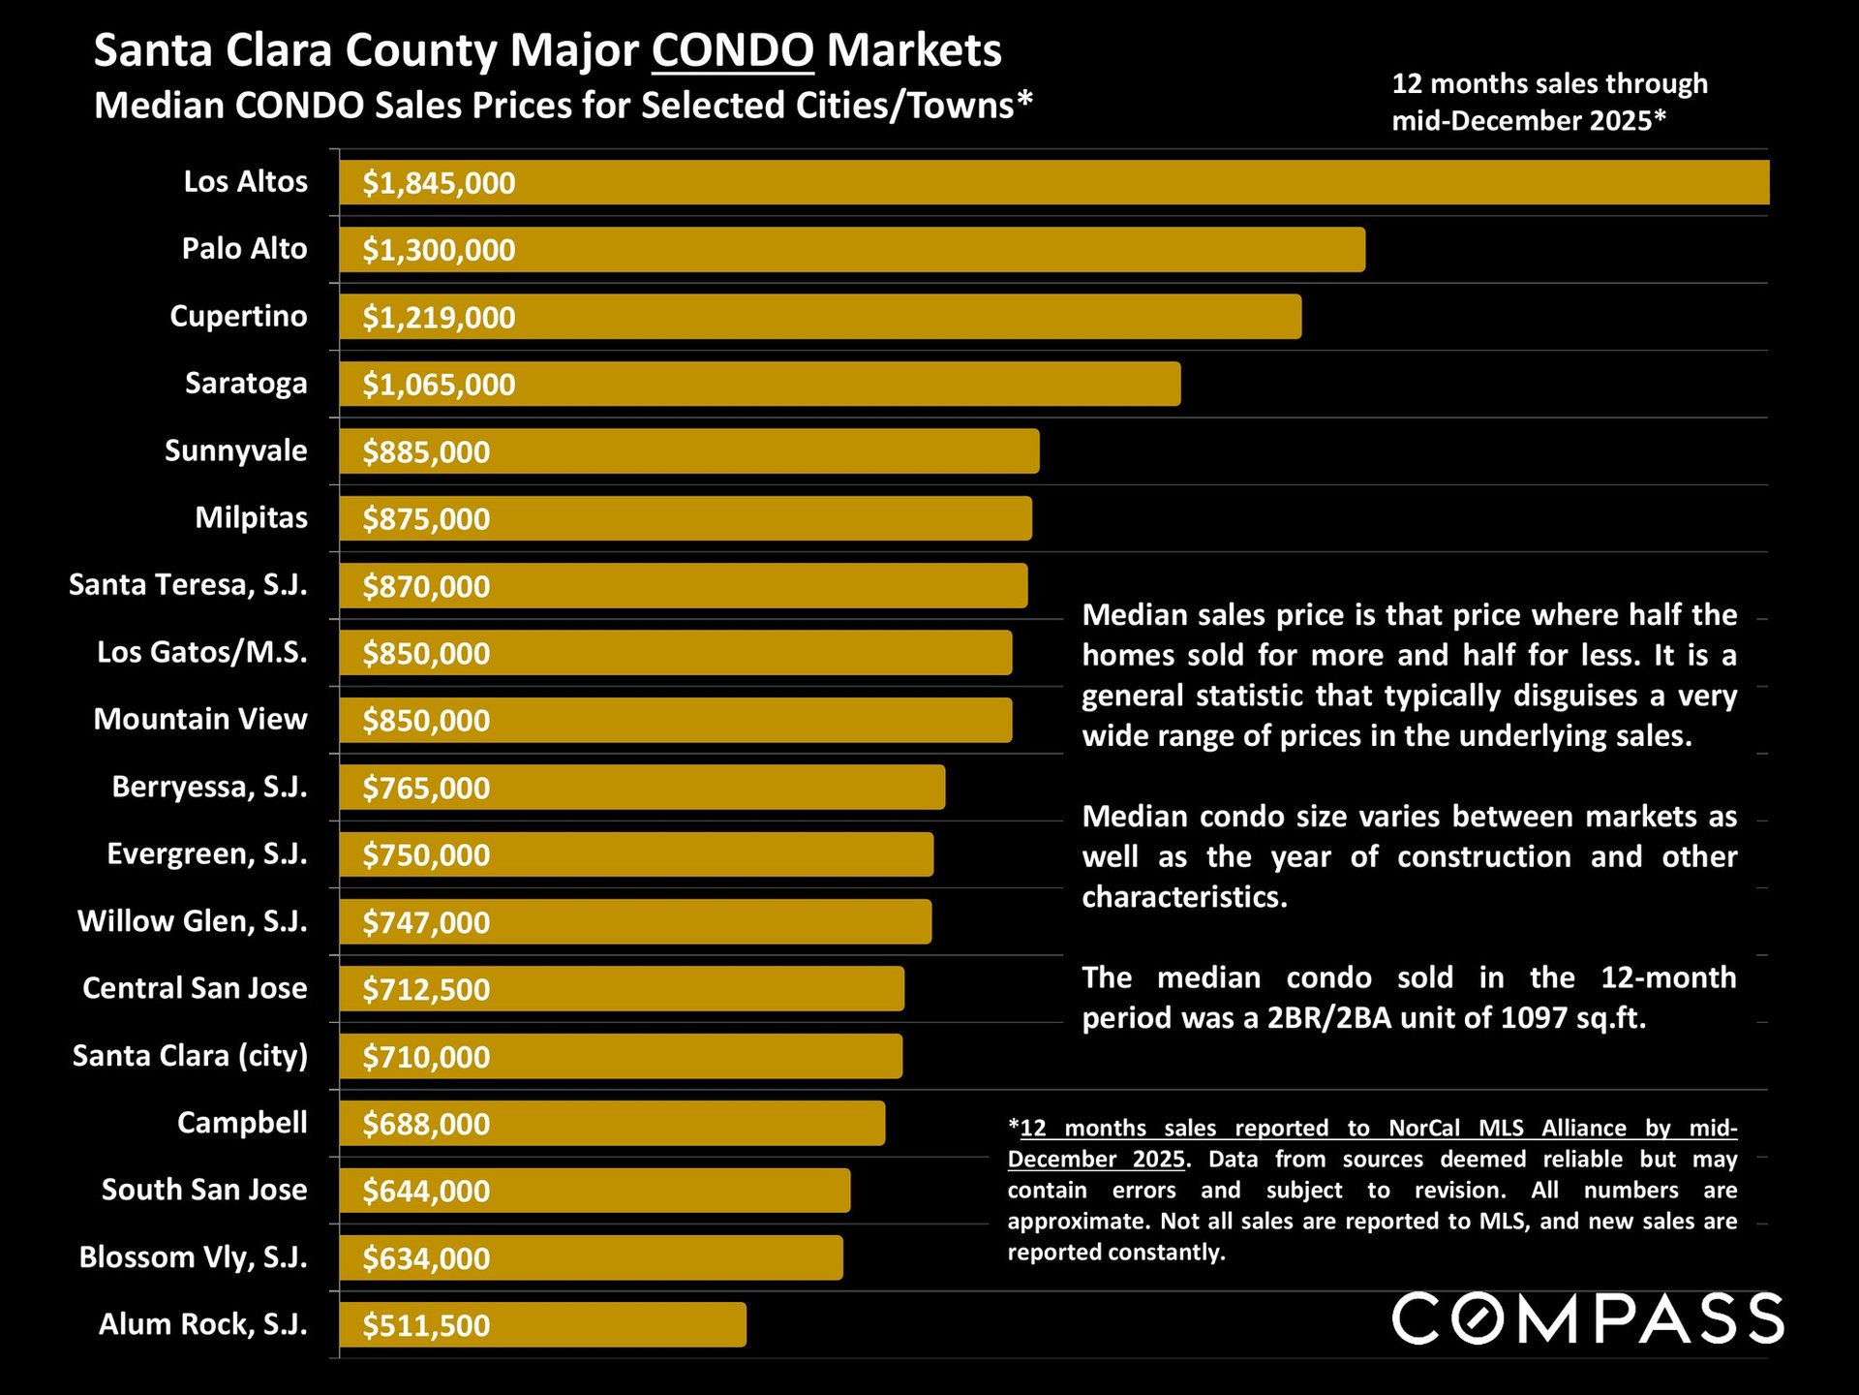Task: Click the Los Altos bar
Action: click(x=1053, y=182)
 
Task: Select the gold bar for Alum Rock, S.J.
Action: click(x=542, y=1324)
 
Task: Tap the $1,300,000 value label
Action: click(x=439, y=250)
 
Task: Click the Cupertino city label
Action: click(x=238, y=316)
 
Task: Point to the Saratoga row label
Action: click(x=246, y=384)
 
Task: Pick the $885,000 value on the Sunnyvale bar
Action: click(x=426, y=451)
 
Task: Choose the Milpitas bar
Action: click(x=686, y=518)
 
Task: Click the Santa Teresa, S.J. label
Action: click(x=188, y=585)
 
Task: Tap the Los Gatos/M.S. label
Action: click(x=201, y=652)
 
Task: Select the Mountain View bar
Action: click(x=676, y=720)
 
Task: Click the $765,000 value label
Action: click(x=426, y=788)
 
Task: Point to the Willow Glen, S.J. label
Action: click(x=192, y=920)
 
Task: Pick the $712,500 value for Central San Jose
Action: click(x=426, y=989)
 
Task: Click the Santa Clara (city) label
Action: click(x=190, y=1055)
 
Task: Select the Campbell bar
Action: click(x=612, y=1123)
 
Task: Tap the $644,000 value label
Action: click(x=426, y=1191)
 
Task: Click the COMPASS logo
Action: click(x=1587, y=1318)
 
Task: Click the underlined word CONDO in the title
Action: click(x=732, y=50)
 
